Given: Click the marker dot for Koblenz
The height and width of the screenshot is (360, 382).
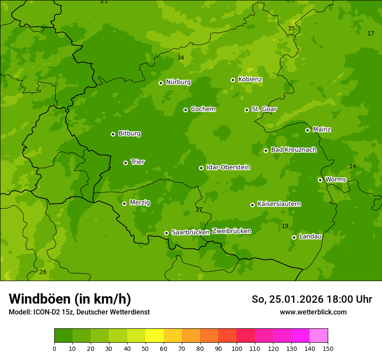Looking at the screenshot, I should [233, 80].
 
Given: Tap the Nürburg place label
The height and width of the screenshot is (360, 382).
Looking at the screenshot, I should [178, 82].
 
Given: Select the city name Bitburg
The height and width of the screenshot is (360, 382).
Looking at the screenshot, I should [129, 134].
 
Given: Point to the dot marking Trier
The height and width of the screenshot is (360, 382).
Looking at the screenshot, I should [125, 163].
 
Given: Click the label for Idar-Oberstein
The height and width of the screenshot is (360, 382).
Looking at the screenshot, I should [228, 167].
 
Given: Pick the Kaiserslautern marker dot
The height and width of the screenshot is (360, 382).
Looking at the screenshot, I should [252, 205].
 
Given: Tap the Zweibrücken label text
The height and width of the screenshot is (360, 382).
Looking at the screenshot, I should [231, 231].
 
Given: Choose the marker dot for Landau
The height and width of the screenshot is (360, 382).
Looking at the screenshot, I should [294, 237].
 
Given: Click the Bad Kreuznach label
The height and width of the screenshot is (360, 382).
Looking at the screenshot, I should [293, 150].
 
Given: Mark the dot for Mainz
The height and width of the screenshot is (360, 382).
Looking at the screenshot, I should [307, 130].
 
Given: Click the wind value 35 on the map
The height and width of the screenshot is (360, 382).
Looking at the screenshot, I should [291, 29].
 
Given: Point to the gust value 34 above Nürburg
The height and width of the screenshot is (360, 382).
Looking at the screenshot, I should [181, 58].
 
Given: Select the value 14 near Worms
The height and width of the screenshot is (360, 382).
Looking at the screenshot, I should [352, 167].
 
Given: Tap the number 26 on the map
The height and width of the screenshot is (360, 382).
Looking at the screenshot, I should [43, 272].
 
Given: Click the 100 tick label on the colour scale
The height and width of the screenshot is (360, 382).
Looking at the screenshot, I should [237, 348].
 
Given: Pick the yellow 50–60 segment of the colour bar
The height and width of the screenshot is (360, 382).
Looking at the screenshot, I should [155, 336].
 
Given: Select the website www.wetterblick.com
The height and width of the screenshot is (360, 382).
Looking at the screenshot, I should [313, 312].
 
